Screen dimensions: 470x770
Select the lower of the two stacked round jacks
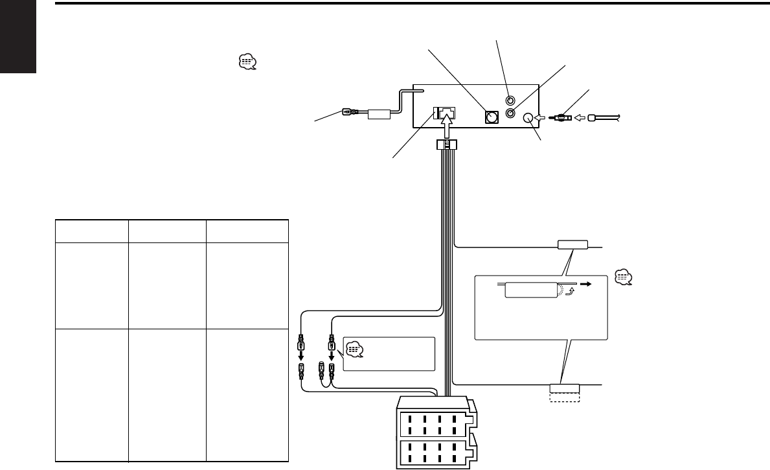(x=512, y=113)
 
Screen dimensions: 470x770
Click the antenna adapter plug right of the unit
(x=561, y=119)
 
